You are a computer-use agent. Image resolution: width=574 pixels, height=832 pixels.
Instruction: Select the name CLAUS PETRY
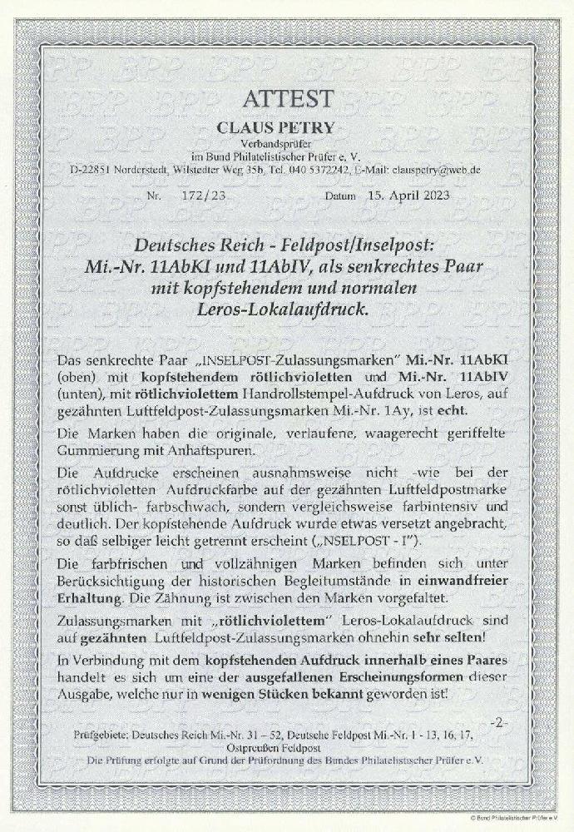288,127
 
